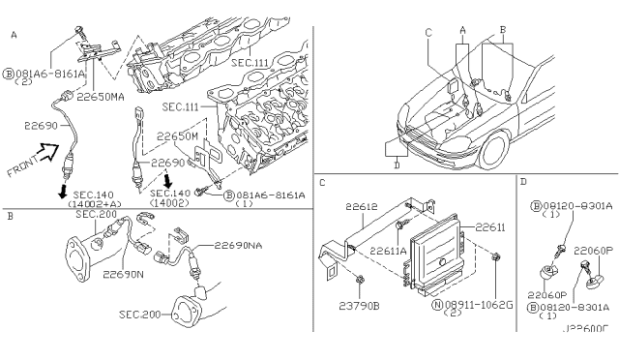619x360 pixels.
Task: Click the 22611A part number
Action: coord(388,250)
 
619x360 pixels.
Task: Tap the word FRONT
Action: coord(21,170)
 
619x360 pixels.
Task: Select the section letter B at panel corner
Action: coord(9,218)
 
